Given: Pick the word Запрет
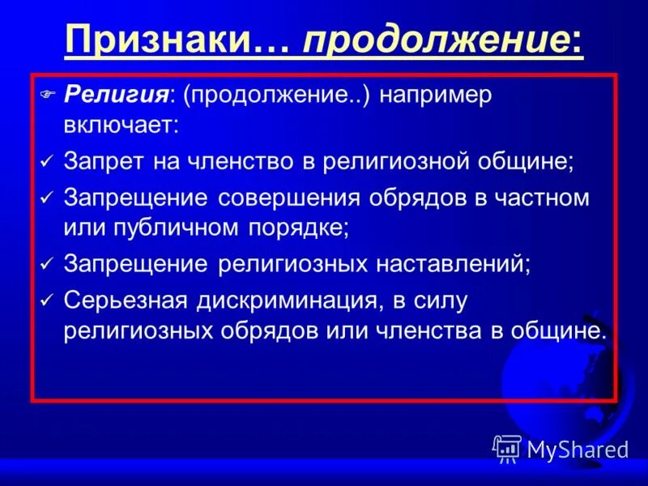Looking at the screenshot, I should click(98, 160).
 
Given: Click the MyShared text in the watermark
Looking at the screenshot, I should click(578, 449).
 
